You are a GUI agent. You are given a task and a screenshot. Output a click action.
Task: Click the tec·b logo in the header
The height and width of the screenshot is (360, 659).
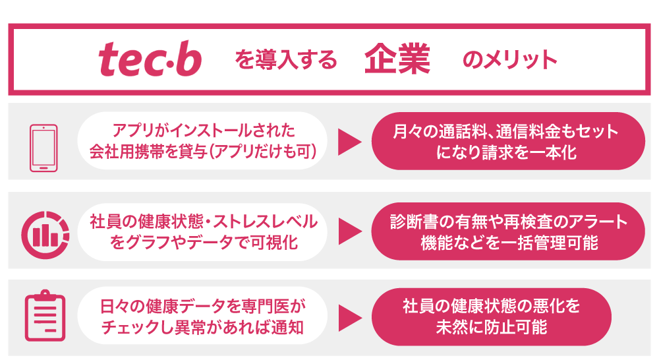coord(150,59)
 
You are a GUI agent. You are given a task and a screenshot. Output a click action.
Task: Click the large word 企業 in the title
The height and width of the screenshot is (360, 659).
coord(397,59)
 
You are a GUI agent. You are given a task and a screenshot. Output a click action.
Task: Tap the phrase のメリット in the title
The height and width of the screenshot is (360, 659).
coord(510,59)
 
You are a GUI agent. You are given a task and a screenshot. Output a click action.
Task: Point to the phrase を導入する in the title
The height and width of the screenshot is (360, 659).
coord(286,59)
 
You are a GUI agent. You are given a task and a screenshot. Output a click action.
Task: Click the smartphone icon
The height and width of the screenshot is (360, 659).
coord(43,148)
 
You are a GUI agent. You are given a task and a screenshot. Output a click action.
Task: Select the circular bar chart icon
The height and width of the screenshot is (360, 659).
coord(45,235)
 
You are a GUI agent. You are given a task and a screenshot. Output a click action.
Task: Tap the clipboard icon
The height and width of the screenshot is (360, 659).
coord(45,315)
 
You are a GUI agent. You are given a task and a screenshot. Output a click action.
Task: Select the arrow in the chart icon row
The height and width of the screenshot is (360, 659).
coord(350,231)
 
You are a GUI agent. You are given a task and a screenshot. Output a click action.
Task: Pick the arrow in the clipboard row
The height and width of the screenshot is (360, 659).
coord(350,318)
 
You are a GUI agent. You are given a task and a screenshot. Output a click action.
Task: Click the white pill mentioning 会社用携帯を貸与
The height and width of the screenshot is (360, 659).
coord(202,141)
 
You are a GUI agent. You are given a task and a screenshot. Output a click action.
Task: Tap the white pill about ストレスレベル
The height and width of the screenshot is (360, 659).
coord(202,232)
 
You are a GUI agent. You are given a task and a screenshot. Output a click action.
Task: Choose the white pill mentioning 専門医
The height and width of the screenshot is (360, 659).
coord(202,316)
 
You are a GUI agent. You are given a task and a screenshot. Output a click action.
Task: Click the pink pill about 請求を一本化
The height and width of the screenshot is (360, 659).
coord(508,141)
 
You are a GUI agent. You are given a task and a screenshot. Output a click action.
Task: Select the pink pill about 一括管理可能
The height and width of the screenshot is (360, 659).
coord(508,231)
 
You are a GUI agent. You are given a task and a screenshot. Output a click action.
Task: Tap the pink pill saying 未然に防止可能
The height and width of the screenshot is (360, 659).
coord(492,316)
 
